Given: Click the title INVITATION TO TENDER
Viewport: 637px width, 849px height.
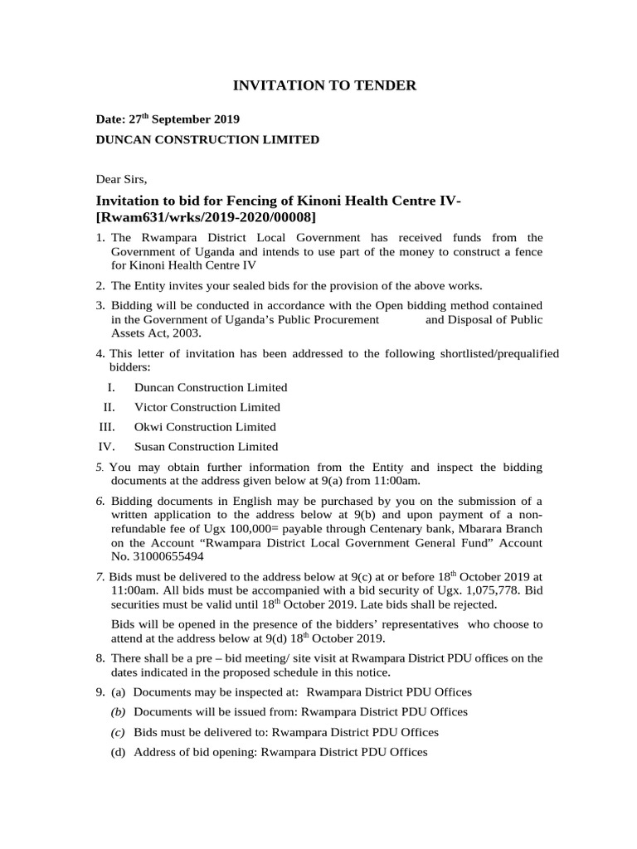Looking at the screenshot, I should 318,85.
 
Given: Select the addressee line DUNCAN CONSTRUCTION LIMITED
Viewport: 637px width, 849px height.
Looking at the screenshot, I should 207,140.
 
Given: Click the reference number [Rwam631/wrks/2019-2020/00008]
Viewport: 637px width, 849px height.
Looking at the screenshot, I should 207,217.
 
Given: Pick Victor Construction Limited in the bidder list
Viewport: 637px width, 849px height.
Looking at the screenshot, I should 207,407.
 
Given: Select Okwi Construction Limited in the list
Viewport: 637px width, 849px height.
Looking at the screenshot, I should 205,427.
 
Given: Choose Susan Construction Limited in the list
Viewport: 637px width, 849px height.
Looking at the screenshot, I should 206,447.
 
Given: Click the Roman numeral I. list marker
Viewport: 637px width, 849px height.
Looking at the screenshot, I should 110,387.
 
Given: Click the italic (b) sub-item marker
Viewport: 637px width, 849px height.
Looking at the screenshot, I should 119,712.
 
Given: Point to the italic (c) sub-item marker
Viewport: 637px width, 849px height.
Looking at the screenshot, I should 119,732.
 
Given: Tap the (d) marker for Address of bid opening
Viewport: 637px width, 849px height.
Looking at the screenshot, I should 119,752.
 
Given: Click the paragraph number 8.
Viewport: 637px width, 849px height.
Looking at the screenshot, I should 100,657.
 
